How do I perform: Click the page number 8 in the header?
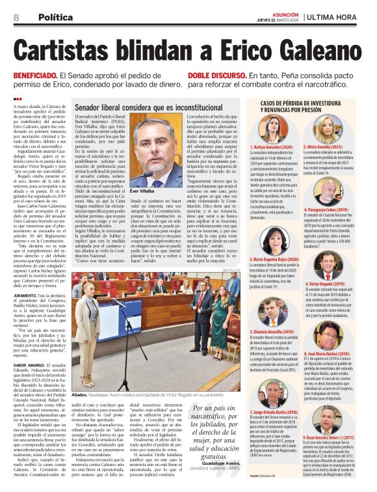[x=16, y=17]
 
